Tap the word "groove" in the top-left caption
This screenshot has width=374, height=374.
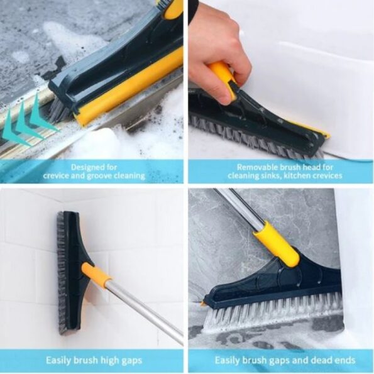pyautogui.click(x=99, y=176)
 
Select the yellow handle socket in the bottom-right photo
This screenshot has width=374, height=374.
pyautogui.click(x=277, y=245)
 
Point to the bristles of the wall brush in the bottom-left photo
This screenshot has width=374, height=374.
pyautogui.click(x=62, y=272)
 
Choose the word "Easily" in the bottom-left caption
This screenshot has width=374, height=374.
pyautogui.click(x=58, y=360)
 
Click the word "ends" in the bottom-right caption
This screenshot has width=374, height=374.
pyautogui.click(x=344, y=360)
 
